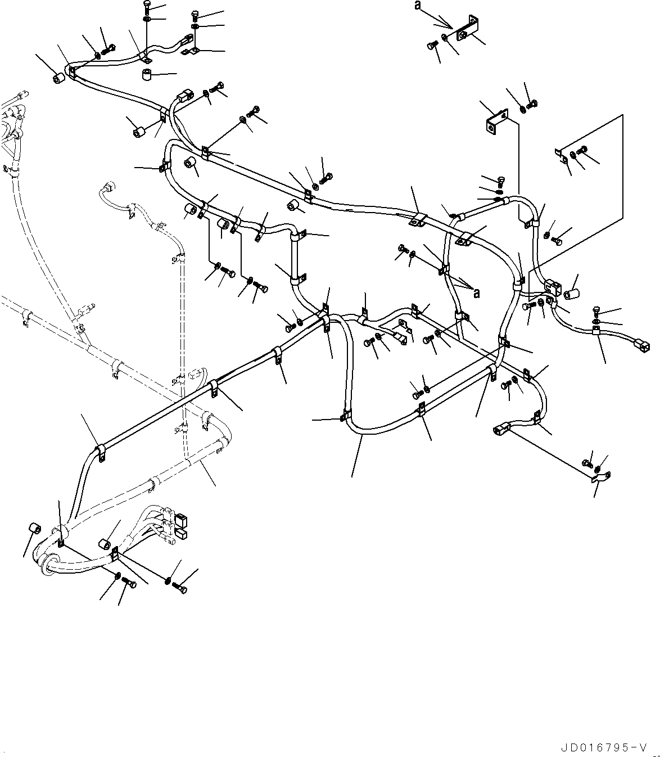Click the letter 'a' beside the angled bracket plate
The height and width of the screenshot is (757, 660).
417,5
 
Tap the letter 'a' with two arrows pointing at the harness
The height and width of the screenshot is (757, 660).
477,292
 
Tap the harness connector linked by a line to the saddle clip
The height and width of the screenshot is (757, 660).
501,430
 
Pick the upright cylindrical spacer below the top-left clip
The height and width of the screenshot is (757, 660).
147,75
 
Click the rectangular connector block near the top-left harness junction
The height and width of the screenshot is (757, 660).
185,97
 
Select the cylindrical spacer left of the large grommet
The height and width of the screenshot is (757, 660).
34,529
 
